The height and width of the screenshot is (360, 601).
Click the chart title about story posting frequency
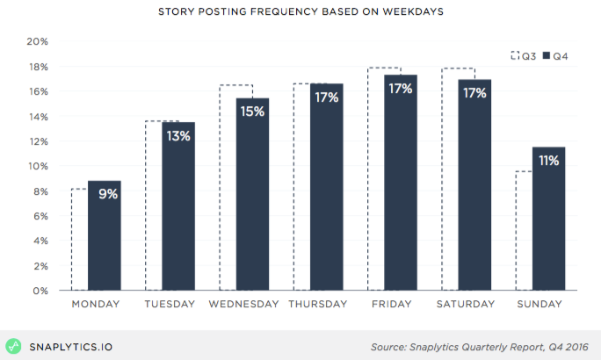pyautogui.click(x=300, y=12)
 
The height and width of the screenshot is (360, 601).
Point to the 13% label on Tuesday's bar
pyautogui.click(x=179, y=136)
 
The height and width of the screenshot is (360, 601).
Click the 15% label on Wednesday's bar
pyautogui.click(x=253, y=112)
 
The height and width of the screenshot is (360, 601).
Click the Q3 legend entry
pyautogui.click(x=524, y=56)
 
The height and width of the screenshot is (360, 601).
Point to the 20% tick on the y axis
pyautogui.click(x=37, y=41)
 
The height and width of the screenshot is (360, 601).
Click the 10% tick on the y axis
pyautogui.click(x=37, y=166)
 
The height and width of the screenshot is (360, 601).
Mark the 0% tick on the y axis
pyautogui.click(x=40, y=291)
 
